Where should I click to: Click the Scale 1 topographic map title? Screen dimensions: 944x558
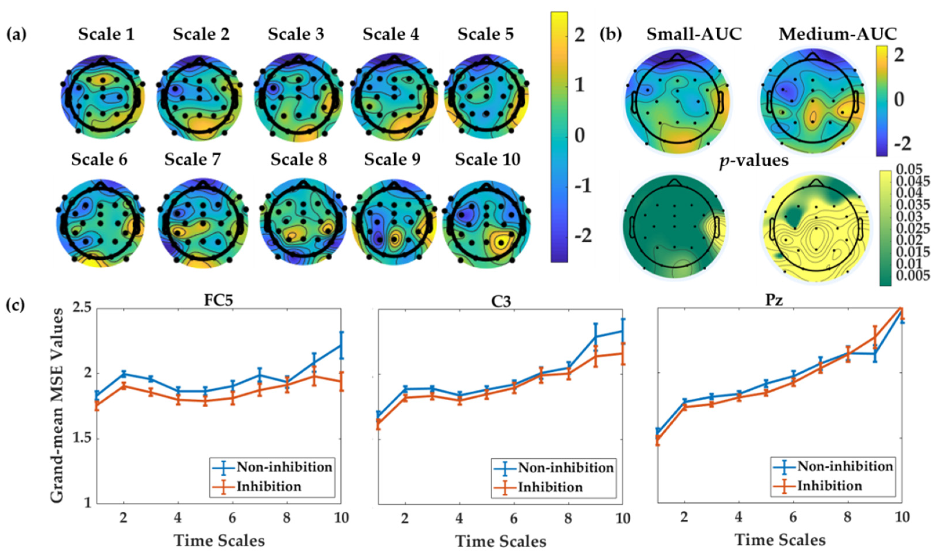(106, 34)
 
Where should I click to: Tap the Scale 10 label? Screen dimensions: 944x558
(488, 160)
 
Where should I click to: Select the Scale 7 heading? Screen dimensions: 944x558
(193, 160)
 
